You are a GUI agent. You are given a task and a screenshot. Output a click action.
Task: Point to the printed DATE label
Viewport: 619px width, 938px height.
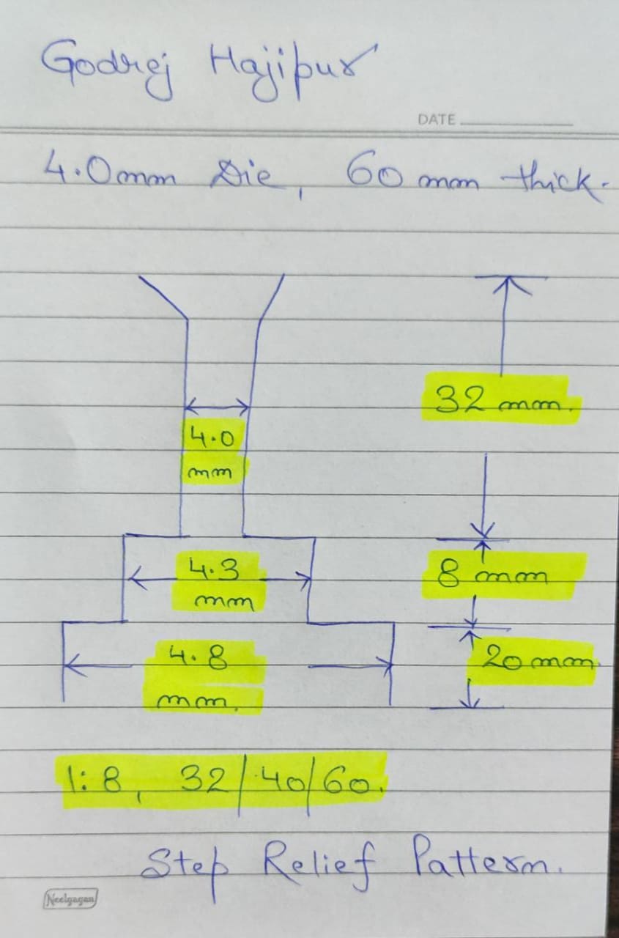pyautogui.click(x=436, y=119)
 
